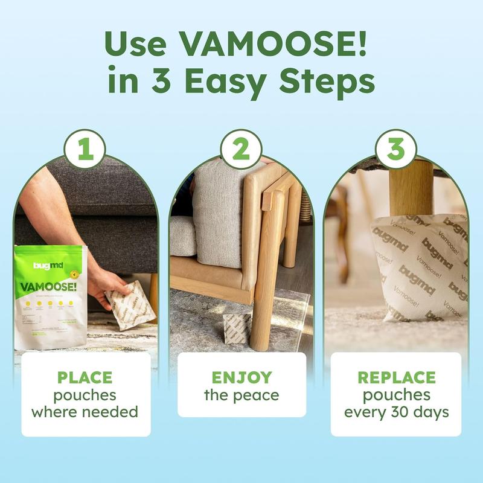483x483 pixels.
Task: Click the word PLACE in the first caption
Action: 85,378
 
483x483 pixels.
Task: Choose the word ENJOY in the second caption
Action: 241,378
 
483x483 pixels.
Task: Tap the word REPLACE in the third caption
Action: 396,378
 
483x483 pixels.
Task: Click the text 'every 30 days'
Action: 396,413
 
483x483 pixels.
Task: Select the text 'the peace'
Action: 241,396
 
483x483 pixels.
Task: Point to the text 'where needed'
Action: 85,413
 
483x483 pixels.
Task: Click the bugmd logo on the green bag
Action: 47,266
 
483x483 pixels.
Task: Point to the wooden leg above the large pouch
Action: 412,187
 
